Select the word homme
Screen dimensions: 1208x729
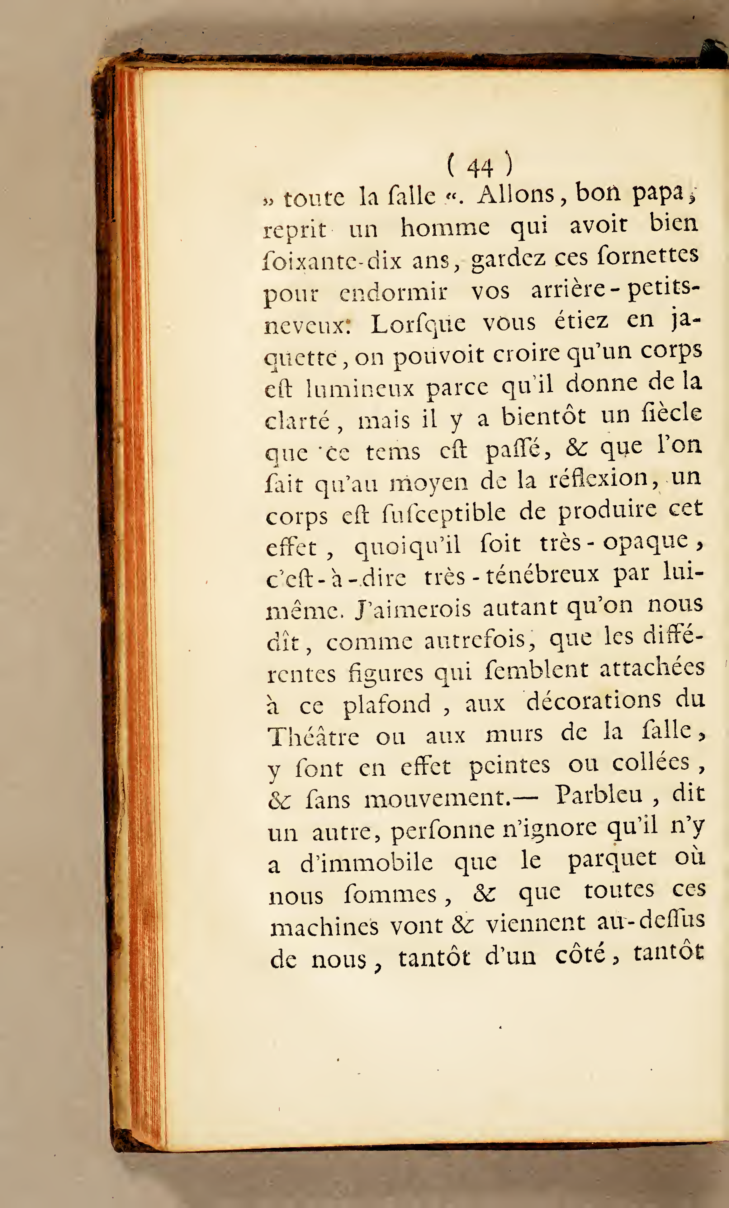445,227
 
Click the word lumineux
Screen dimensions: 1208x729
360,389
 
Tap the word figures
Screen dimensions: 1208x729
385,673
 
